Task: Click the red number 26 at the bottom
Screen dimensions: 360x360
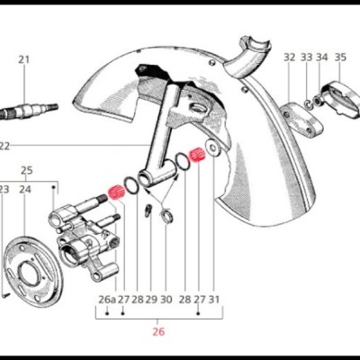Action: [x=158, y=332]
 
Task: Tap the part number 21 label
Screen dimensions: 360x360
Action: [x=24, y=59]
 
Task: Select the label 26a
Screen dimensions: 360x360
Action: [x=107, y=300]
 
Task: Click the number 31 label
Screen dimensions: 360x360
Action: [x=214, y=299]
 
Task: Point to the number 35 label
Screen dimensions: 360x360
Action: [x=340, y=57]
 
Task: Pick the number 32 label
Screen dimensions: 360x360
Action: [x=290, y=57]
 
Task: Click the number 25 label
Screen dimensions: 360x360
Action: [x=26, y=170]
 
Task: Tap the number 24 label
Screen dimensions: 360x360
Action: [x=25, y=189]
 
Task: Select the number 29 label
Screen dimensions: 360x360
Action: [x=151, y=300]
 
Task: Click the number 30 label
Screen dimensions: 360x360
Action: [x=166, y=300]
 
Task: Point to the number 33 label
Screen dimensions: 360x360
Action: [x=307, y=57]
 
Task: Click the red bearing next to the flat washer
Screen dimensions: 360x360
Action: [x=197, y=155]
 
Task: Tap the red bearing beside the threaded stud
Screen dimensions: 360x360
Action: [x=116, y=193]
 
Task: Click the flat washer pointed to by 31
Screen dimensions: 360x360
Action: [x=212, y=148]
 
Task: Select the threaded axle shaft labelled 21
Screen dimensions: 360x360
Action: [x=29, y=110]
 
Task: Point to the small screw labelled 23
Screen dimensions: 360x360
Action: [x=6, y=295]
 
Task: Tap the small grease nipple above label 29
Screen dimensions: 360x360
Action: [x=148, y=211]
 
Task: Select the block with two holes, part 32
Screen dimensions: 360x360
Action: [x=301, y=118]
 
